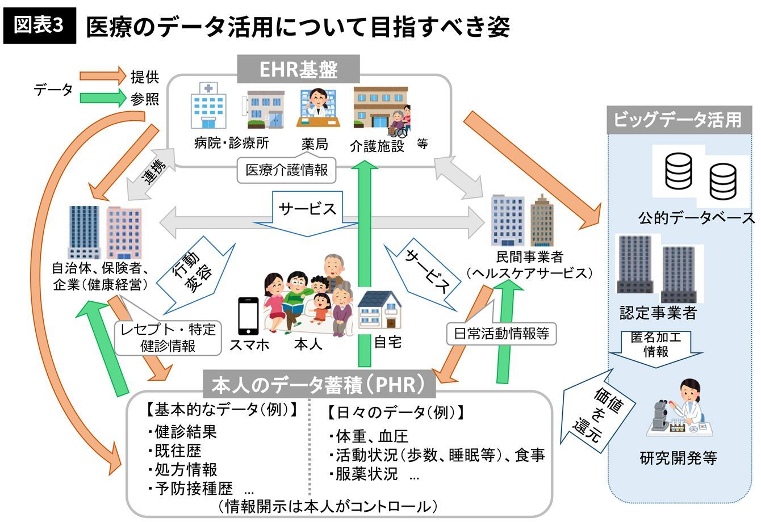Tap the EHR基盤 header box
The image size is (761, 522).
[x=298, y=69]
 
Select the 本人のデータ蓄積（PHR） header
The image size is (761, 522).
[x=319, y=385]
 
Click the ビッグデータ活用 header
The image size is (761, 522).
[x=678, y=120]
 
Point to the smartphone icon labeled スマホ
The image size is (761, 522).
[x=248, y=316]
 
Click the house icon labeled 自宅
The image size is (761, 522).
[x=379, y=311]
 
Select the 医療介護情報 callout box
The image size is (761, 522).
[x=286, y=170]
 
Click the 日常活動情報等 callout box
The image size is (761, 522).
[x=501, y=333]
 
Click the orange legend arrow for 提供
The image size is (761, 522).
[x=102, y=75]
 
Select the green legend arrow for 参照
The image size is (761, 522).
[x=102, y=98]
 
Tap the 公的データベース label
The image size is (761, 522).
[x=696, y=218]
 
